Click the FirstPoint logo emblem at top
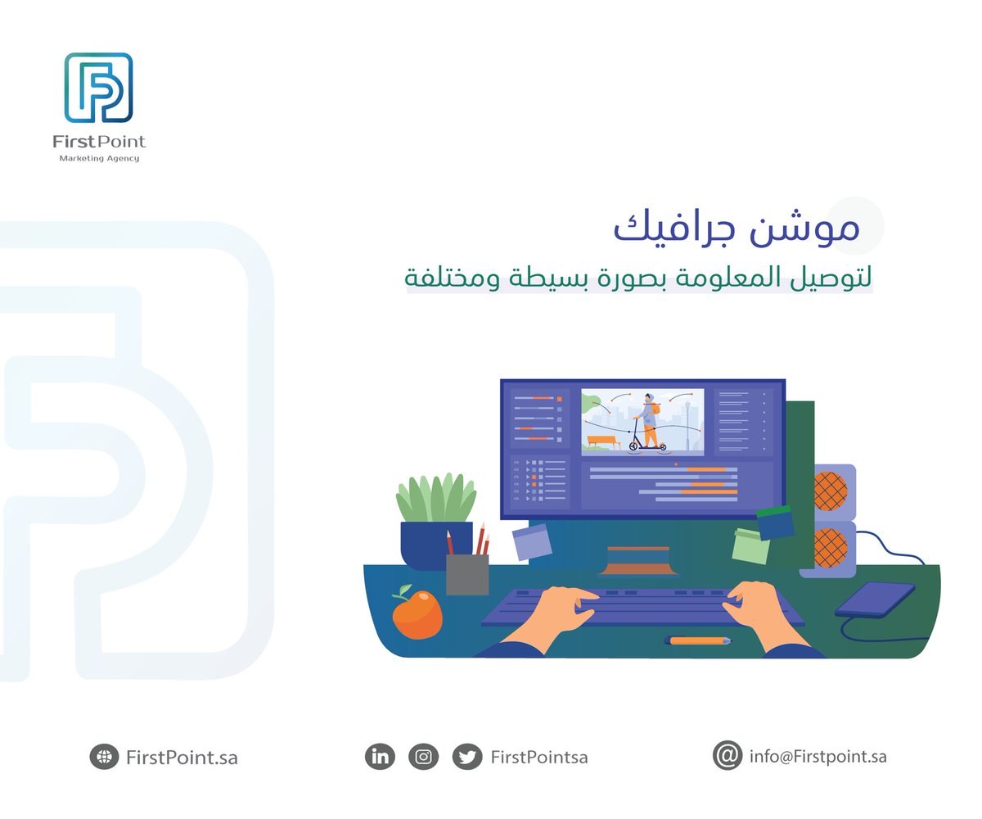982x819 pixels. coord(98,88)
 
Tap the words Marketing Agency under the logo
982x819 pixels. coord(98,158)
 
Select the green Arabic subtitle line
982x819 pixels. coord(639,278)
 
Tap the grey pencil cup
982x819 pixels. coord(467,573)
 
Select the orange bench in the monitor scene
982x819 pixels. coord(602,443)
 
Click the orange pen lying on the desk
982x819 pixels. coord(698,640)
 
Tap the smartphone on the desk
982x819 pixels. coord(875,599)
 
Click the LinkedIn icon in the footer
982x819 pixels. coord(380,757)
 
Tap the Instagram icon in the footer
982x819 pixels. coord(423,757)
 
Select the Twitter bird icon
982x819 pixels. coord(468,757)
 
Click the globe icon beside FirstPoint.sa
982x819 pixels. coord(104,758)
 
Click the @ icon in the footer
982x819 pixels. coord(727,756)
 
